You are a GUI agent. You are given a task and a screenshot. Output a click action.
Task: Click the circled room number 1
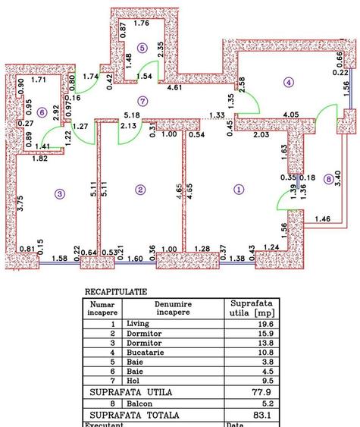tap(239, 190)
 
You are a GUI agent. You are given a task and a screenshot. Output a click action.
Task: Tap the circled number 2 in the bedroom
tap(139, 190)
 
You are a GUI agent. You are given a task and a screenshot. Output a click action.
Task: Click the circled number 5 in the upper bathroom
tap(141, 48)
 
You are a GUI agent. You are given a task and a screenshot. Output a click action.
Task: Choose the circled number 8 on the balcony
tap(327, 179)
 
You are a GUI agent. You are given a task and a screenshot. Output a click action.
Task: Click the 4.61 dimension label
tap(196, 89)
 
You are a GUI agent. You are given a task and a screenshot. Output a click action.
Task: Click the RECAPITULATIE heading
tap(116, 290)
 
